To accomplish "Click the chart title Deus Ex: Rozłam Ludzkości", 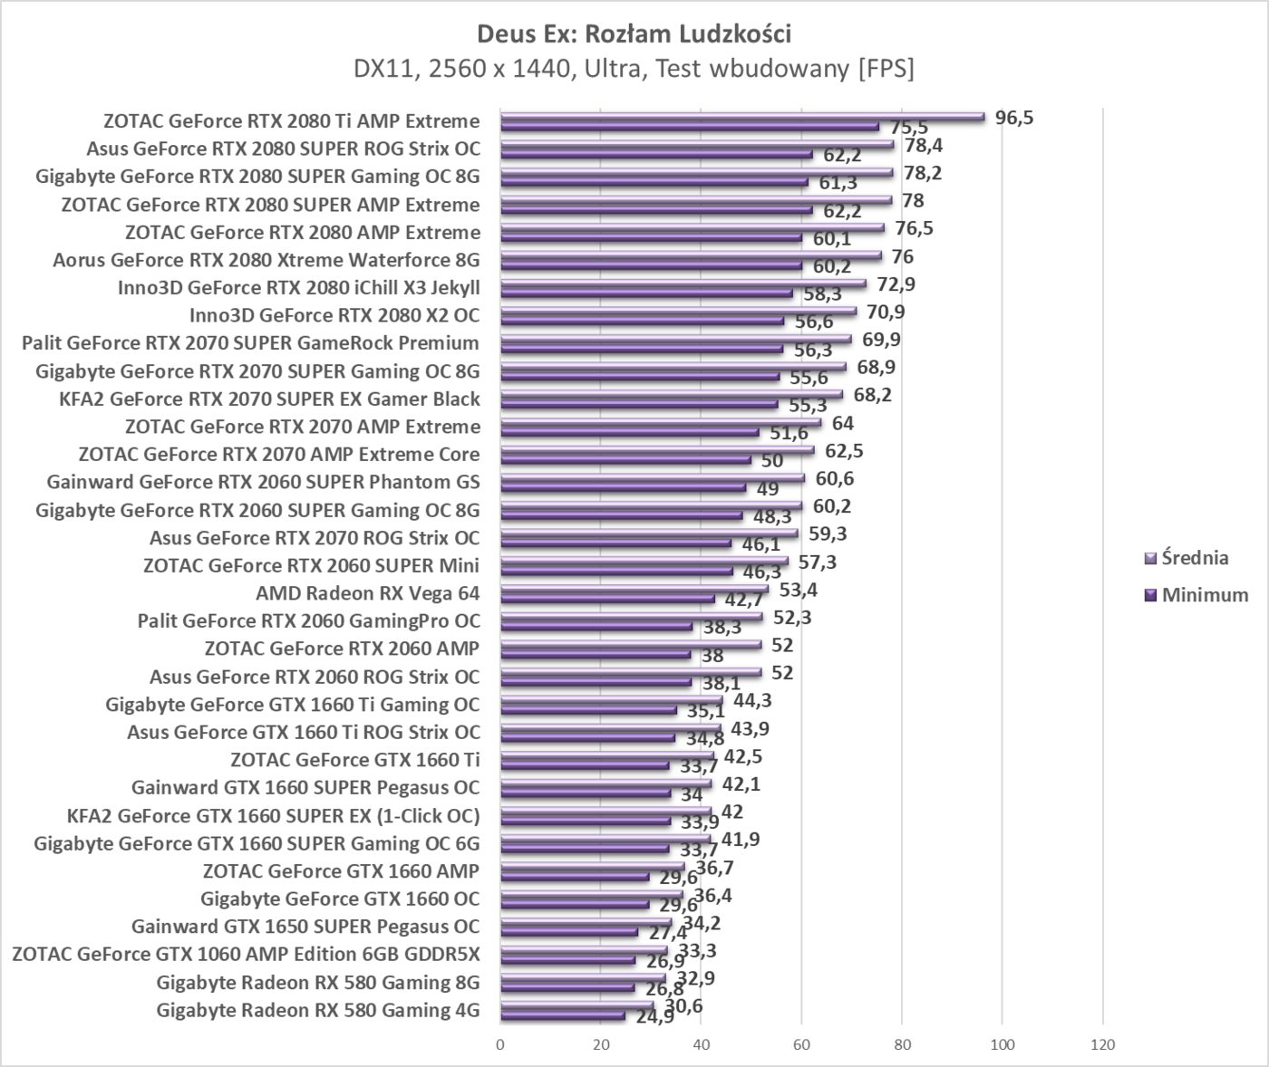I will (634, 34).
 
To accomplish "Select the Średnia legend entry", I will (1195, 558).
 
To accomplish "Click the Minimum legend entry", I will (1205, 595).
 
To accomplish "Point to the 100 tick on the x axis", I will (1002, 1044).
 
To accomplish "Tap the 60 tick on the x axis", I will (801, 1044).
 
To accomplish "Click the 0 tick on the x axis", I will (500, 1044).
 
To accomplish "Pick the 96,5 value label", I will (1014, 117).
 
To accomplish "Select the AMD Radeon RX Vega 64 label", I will (367, 593).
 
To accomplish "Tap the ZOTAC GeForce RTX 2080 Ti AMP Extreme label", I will (291, 121).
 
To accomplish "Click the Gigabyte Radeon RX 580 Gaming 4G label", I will (317, 1011).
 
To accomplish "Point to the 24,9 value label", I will (654, 1017).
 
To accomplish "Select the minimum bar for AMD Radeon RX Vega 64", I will (607, 599).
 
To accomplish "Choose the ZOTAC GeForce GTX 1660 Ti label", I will (354, 760).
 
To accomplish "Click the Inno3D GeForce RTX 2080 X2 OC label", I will (334, 315).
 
